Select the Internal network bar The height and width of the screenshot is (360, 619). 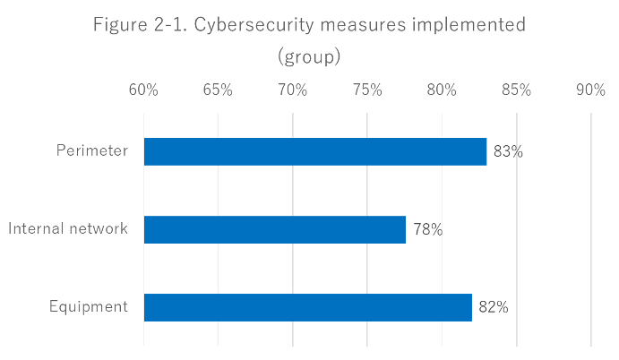tap(274, 230)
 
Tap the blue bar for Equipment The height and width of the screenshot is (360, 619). tap(307, 307)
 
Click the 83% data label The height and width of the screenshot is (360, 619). tap(508, 152)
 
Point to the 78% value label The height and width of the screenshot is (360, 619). tap(427, 230)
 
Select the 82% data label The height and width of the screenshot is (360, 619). tap(494, 307)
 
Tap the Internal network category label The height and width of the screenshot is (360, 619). tap(68, 229)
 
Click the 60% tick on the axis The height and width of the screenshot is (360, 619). tap(143, 90)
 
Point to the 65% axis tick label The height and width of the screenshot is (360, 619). tap(218, 90)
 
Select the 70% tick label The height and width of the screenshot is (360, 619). tap(293, 90)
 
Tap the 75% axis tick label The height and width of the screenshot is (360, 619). tap(367, 90)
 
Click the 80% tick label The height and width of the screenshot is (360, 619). tap(442, 90)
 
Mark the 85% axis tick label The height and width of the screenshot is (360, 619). tap(517, 90)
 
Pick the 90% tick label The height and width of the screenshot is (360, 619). tap(591, 90)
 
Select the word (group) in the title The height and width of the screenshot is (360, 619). tap(309, 58)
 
